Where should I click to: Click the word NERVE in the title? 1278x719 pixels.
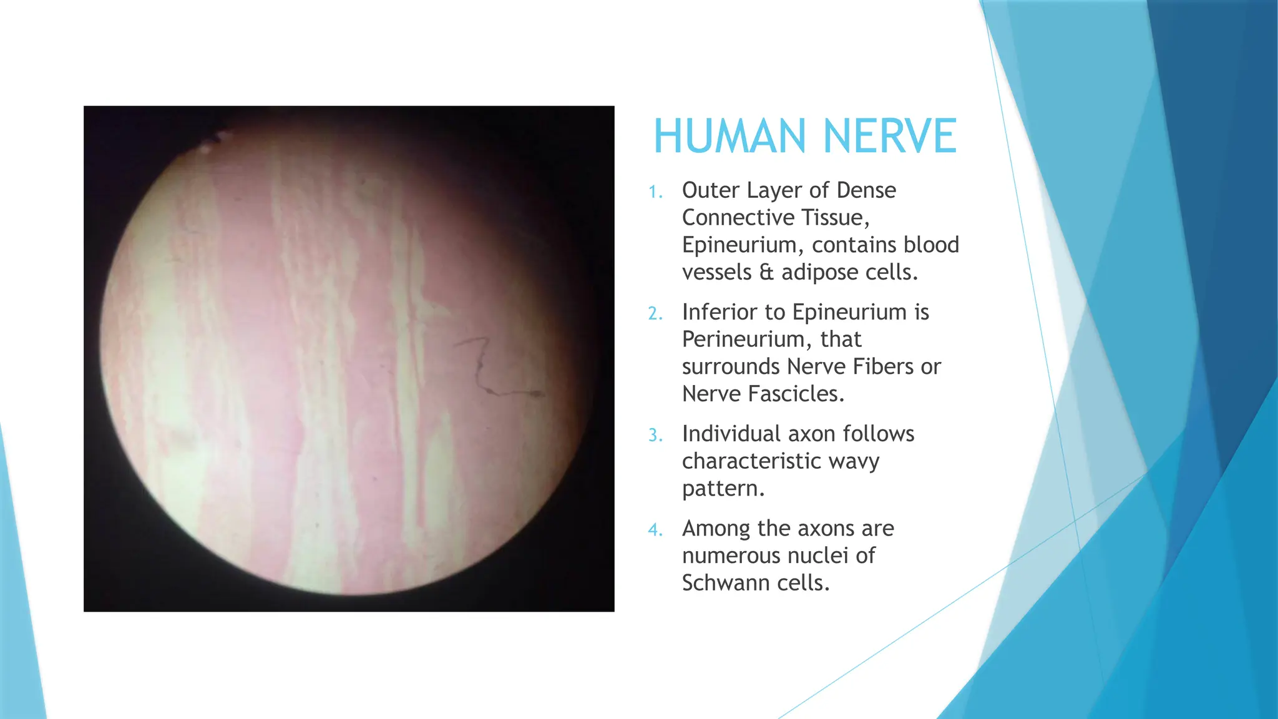889,136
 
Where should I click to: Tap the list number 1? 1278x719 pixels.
655,192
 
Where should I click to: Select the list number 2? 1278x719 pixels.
655,313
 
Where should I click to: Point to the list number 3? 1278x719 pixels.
655,435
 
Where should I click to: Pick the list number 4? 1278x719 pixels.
655,530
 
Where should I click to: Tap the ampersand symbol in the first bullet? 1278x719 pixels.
766,273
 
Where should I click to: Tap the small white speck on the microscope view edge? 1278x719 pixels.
206,148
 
